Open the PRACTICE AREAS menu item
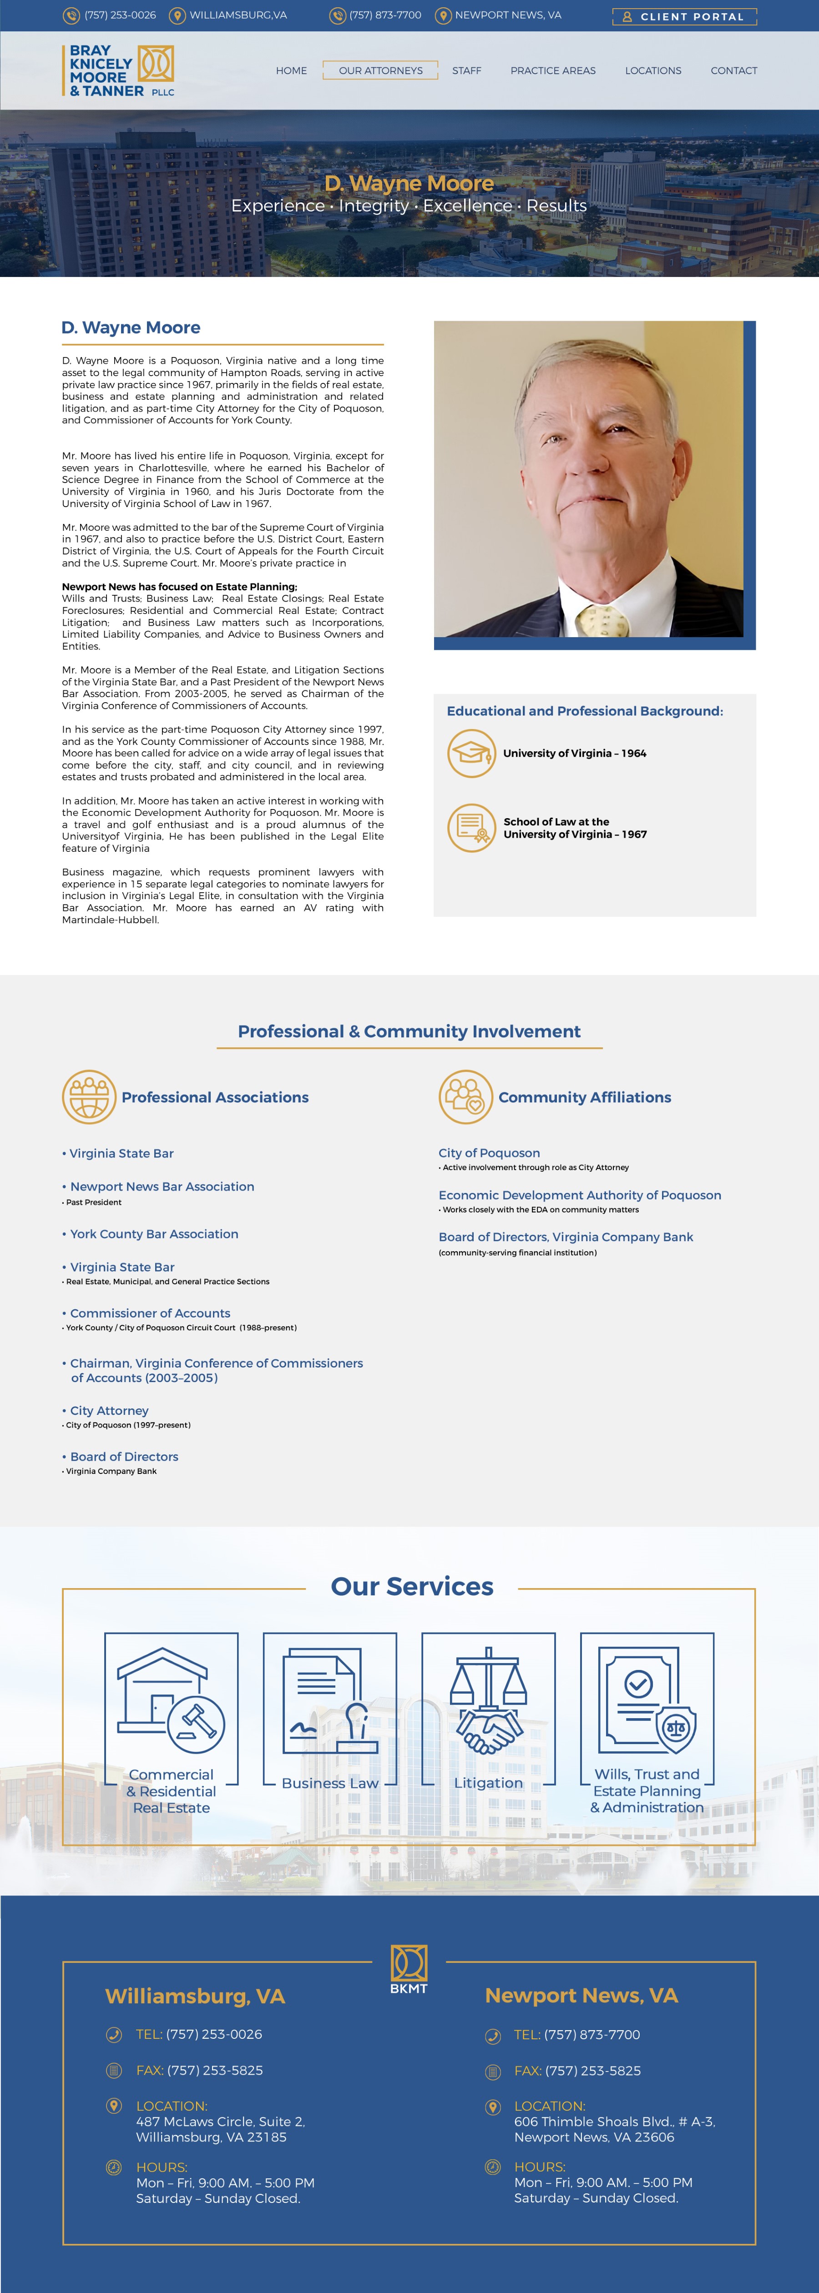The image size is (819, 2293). (x=553, y=70)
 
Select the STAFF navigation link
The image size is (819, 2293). (x=466, y=70)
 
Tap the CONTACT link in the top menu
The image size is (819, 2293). (x=733, y=70)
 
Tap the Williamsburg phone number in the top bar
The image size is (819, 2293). (x=119, y=15)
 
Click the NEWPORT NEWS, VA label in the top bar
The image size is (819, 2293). (x=507, y=15)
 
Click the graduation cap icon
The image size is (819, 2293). (x=471, y=753)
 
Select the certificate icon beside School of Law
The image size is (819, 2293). (x=471, y=828)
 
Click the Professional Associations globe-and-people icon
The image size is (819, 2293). (x=89, y=1096)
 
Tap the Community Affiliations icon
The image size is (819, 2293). (x=465, y=1096)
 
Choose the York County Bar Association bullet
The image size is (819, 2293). (x=154, y=1234)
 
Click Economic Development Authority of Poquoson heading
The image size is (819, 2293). (x=580, y=1195)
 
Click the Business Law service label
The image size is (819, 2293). (x=329, y=1783)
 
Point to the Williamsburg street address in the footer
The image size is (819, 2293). (x=220, y=2129)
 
